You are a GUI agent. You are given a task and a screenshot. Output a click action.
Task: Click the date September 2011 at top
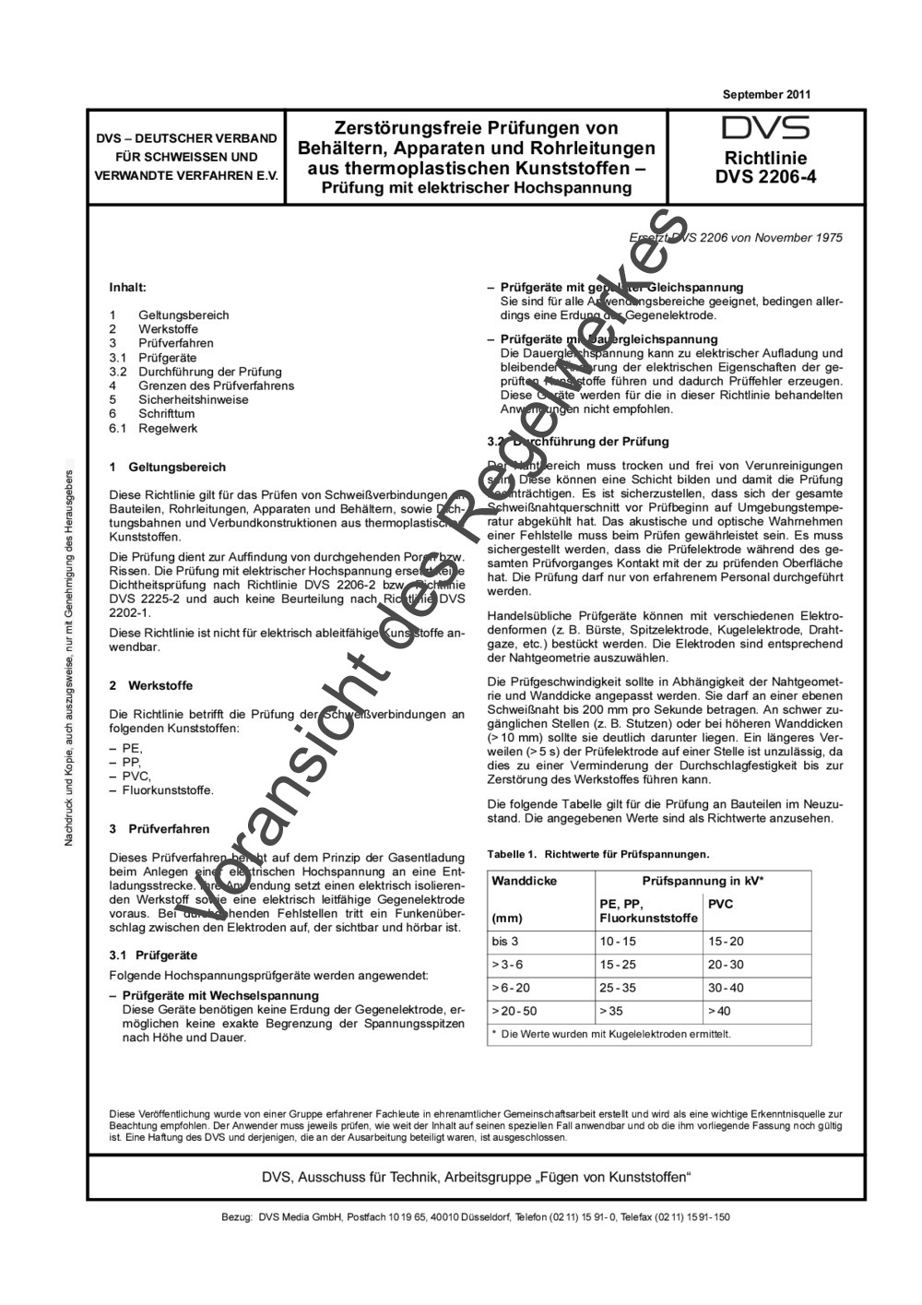click(766, 94)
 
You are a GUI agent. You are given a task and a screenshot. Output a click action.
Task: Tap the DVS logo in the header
click(765, 128)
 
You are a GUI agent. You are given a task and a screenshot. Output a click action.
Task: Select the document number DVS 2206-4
click(765, 177)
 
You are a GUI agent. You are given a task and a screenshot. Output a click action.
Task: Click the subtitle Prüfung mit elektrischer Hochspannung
click(476, 187)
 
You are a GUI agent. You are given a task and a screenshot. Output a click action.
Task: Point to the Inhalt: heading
click(128, 288)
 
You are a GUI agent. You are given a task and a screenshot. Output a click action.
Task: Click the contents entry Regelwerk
click(168, 428)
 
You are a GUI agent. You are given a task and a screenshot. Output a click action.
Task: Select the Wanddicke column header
click(525, 881)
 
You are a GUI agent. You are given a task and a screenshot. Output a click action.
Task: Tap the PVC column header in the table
click(720, 904)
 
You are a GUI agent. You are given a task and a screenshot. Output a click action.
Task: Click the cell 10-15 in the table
click(618, 942)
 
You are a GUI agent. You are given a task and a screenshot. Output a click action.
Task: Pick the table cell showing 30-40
click(726, 988)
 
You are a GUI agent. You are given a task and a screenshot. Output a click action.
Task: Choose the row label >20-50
click(514, 1011)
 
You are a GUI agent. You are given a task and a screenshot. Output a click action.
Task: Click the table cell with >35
click(611, 1011)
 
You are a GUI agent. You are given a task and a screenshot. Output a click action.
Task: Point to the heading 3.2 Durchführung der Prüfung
click(578, 442)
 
